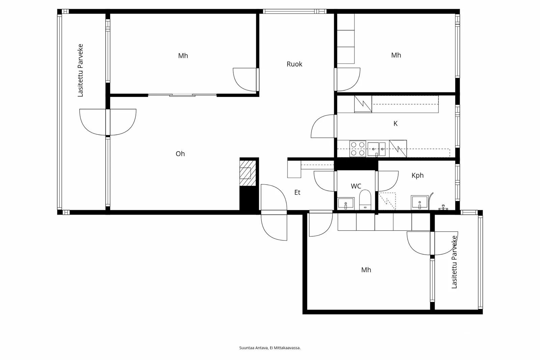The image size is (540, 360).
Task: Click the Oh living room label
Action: tap(180, 154)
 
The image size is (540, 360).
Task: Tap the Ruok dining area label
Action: tap(294, 64)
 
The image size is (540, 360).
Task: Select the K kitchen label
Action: tap(395, 124)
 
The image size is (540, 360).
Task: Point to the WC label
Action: tap(356, 186)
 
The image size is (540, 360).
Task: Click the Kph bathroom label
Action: tap(417, 175)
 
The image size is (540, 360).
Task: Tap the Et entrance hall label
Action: tap(297, 192)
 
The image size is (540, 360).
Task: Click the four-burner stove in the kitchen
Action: tap(357, 149)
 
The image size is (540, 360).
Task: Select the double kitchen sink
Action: tap(377, 149)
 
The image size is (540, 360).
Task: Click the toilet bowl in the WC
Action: tap(365, 200)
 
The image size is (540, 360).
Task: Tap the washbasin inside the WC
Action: tap(346, 203)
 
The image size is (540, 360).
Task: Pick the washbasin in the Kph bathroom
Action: tap(420, 202)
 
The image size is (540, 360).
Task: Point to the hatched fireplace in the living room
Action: tap(248, 173)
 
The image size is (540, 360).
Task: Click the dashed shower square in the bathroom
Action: tap(387, 201)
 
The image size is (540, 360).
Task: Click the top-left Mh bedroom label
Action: tap(183, 56)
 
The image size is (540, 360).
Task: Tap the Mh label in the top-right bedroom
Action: tap(396, 55)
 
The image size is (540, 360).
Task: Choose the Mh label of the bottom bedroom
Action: tap(366, 270)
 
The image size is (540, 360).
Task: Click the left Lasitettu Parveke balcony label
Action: tap(80, 71)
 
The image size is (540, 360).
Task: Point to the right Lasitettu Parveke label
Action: tap(454, 262)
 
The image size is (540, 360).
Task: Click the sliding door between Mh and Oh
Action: tap(182, 95)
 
